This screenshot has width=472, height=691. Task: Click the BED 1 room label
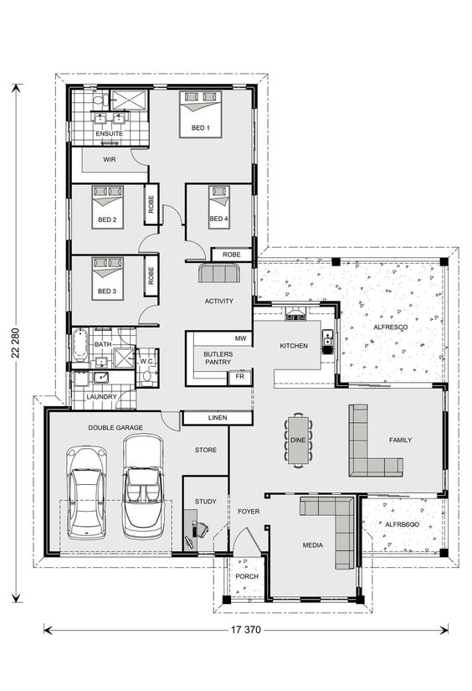(201, 127)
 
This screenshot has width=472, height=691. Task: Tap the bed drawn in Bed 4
(218, 199)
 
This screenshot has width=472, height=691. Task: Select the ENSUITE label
(109, 133)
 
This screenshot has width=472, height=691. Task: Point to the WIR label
(109, 158)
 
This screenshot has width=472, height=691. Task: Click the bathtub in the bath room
(81, 344)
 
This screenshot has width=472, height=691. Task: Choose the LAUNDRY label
(101, 396)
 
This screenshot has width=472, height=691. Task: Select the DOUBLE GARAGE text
(115, 427)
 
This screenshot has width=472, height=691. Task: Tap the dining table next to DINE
(298, 439)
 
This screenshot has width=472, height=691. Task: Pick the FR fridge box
(240, 378)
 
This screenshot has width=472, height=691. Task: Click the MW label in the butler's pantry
(240, 339)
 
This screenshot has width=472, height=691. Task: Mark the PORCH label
(246, 576)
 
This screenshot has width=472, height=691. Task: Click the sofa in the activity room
(219, 274)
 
